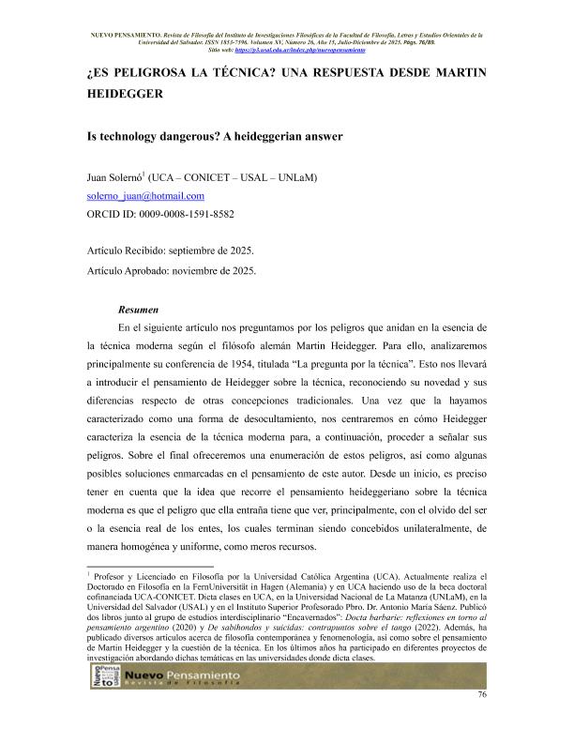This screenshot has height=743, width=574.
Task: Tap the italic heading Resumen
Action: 138,309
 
